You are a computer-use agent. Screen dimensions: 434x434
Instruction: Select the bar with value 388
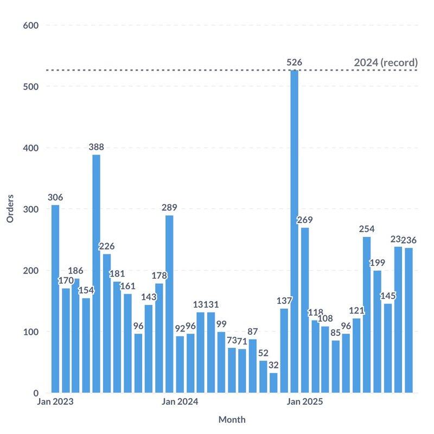(x=96, y=274)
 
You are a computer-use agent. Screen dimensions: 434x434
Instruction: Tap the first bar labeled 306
(x=55, y=299)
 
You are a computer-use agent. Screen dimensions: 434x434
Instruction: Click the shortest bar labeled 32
(x=273, y=382)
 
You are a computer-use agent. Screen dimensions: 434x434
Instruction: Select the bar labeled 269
(x=305, y=310)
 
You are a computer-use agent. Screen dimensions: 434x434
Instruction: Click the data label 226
(x=106, y=246)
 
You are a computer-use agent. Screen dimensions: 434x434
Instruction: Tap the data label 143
(x=148, y=297)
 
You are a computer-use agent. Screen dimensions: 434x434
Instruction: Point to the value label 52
(x=263, y=353)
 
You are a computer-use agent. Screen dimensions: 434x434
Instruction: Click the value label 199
(x=377, y=263)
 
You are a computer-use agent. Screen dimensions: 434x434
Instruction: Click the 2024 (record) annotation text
(x=386, y=62)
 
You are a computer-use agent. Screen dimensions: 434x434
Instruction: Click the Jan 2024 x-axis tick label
(x=180, y=402)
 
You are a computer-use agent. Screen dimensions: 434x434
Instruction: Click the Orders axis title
(x=10, y=209)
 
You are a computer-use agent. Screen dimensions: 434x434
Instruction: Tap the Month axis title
(x=232, y=419)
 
